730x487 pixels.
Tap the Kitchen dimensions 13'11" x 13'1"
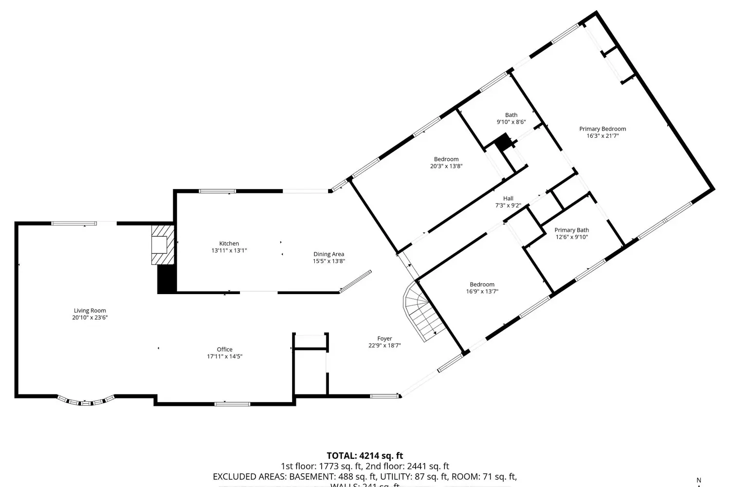(229, 251)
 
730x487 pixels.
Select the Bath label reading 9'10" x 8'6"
(511, 118)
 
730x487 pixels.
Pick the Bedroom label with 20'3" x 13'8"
(446, 162)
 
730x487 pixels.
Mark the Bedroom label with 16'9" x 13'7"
(482, 288)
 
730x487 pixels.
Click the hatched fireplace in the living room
(162, 244)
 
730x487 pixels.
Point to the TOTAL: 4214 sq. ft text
(365, 456)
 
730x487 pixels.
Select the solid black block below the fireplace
(166, 280)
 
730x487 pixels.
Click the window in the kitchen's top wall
(217, 191)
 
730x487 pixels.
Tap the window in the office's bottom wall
(232, 403)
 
